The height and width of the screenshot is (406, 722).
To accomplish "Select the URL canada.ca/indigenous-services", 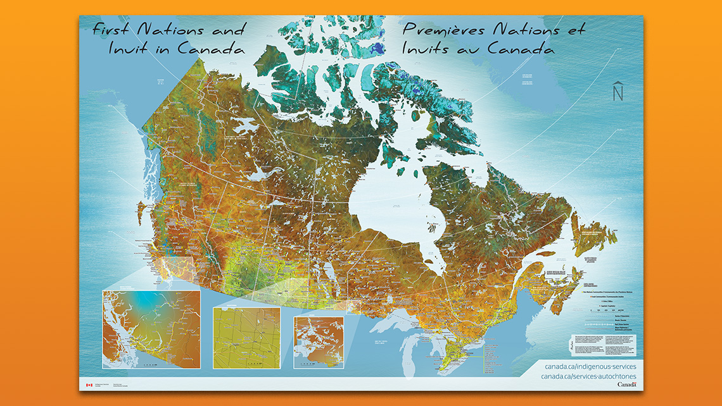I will pyautogui.click(x=590, y=367).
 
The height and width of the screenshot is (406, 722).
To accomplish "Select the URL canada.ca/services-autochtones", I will pyautogui.click(x=589, y=377).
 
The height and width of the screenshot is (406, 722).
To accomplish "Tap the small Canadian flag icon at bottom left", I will pyautogui.click(x=89, y=384).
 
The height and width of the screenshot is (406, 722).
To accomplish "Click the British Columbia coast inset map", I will pyautogui.click(x=151, y=329).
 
